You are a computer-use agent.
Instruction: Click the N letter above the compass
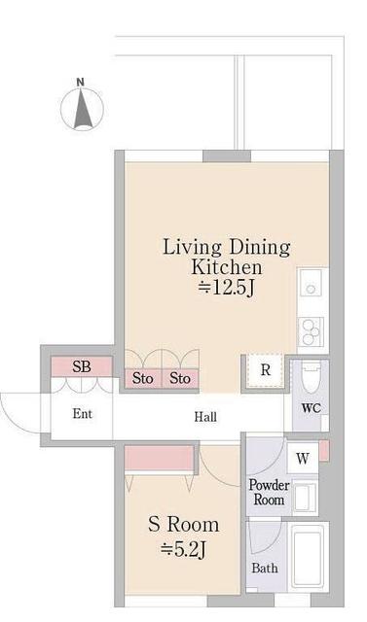80,82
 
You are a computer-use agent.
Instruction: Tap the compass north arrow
83,108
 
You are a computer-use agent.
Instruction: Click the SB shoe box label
82,366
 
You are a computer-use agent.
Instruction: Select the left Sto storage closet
143,378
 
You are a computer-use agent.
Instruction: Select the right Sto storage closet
180,378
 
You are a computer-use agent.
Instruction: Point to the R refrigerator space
266,370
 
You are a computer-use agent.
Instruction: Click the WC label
311,408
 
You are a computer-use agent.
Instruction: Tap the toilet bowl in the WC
311,376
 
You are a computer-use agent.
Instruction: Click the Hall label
205,417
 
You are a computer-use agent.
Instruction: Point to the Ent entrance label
83,414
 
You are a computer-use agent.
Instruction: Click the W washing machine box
303,458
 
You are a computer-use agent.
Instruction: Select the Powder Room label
269,492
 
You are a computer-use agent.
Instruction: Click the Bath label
265,568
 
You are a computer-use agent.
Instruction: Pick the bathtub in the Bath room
308,557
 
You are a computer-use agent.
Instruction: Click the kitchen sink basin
311,283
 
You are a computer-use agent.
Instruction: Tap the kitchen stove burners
311,331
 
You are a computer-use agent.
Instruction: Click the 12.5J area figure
227,288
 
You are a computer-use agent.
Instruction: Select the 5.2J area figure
183,549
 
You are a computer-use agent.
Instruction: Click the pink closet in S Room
160,458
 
